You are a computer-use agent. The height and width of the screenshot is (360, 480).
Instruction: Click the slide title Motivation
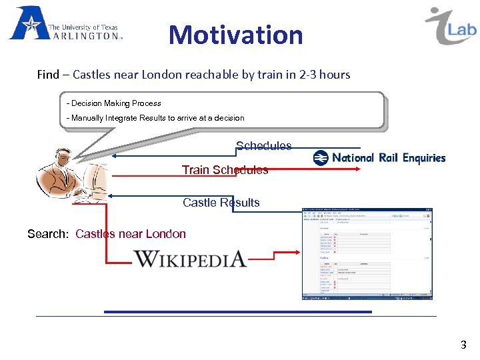[x=236, y=35]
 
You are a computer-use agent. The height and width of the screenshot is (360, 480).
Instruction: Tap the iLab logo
[x=451, y=27]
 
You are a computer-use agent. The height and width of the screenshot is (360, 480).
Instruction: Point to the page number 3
[x=463, y=345]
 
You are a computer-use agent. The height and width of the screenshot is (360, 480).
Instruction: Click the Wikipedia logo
[x=190, y=259]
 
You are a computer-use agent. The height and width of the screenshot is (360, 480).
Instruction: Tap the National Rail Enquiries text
[x=388, y=158]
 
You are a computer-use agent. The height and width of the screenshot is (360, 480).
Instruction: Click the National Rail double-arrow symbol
[x=321, y=158]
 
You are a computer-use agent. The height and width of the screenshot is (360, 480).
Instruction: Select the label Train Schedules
[x=225, y=170]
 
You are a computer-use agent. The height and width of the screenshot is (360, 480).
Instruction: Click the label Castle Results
[x=221, y=203]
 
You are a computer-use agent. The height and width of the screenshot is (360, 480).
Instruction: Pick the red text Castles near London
[x=131, y=234]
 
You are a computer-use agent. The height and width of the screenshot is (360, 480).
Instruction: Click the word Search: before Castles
[x=48, y=234]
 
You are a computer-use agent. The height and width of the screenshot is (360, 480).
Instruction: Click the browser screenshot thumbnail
[x=367, y=253]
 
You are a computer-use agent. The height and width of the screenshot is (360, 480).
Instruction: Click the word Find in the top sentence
[x=48, y=75]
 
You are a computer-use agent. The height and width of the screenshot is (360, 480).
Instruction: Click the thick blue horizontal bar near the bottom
[x=237, y=311]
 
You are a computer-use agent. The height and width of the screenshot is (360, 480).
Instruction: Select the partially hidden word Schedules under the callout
[x=263, y=146]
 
